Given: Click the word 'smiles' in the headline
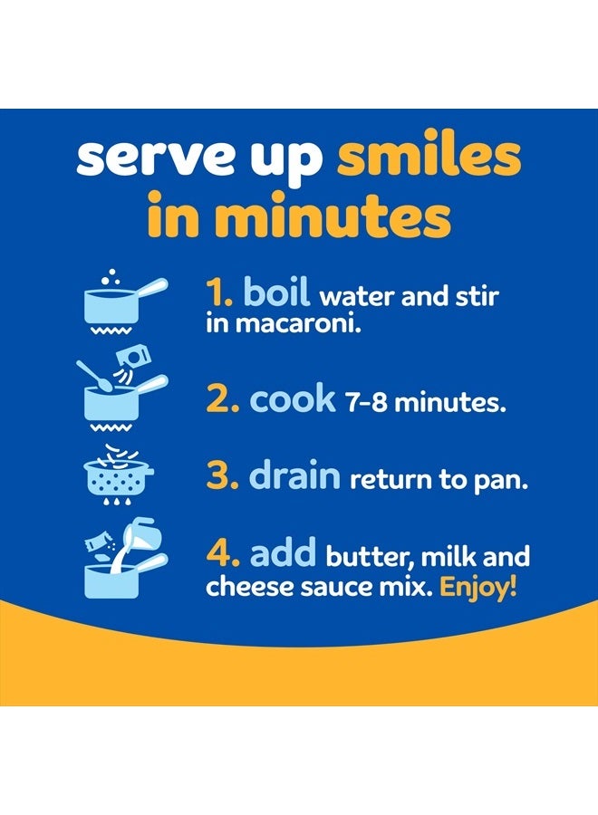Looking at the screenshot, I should pos(429,158).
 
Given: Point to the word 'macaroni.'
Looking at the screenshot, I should pos(309,323).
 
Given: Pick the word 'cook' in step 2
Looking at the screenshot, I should pos(292,399).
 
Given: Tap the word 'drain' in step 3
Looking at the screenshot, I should pos(294,476).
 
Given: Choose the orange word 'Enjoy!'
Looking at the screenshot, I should pos(478,586).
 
